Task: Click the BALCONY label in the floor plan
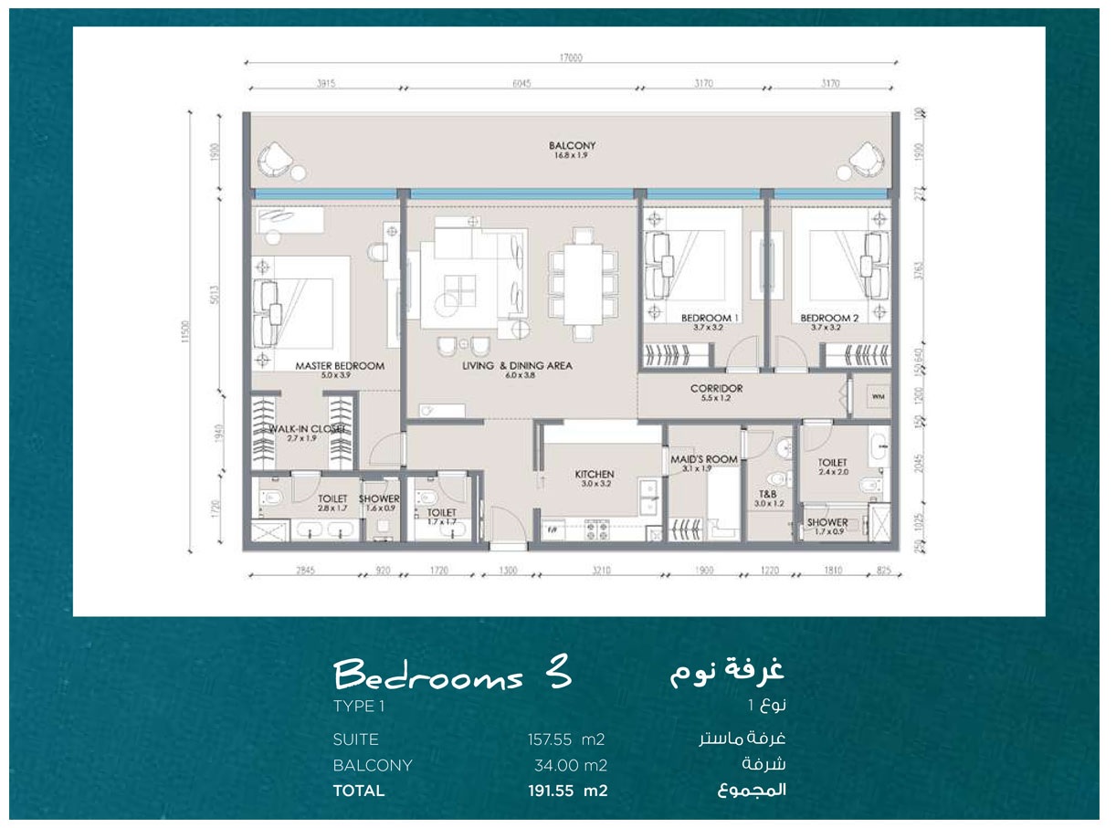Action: (573, 146)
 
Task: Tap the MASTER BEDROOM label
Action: (340, 365)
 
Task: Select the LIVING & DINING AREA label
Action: (517, 365)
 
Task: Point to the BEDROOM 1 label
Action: (710, 319)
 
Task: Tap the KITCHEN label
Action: (594, 475)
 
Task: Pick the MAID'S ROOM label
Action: (703, 459)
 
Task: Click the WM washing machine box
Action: (878, 397)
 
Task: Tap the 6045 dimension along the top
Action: (521, 84)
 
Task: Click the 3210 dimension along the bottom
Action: (598, 571)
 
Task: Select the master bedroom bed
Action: (301, 301)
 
